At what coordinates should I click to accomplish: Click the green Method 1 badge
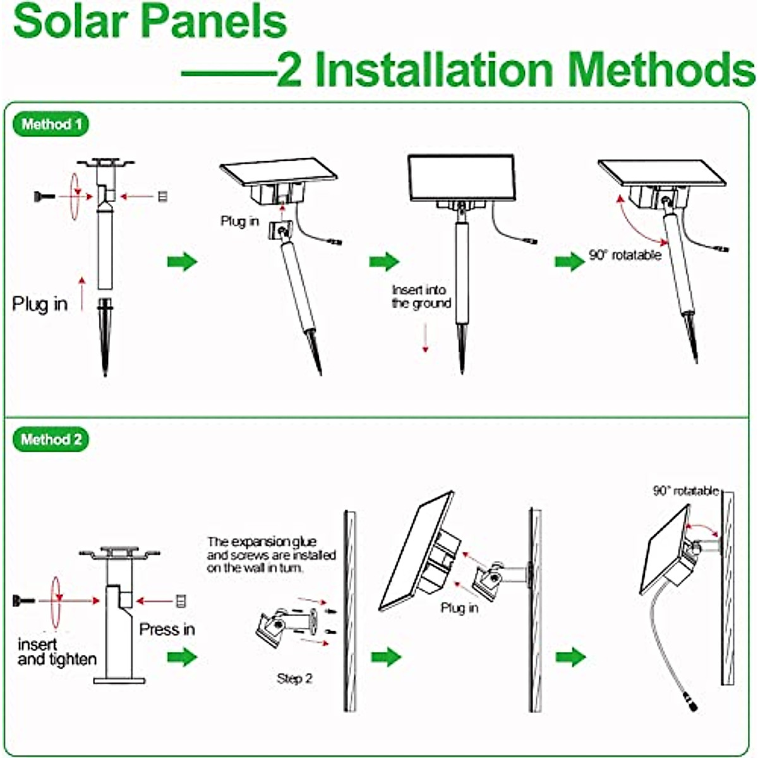coord(51,124)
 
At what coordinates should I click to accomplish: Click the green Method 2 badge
coord(51,440)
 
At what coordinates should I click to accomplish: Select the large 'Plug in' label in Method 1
coord(40,304)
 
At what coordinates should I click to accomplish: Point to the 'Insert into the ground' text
coord(421,296)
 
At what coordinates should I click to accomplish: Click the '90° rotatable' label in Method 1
coord(625,255)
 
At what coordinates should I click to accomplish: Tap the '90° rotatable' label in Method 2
coord(685,491)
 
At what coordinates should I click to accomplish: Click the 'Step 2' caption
coord(294,678)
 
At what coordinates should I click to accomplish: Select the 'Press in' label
coord(167,630)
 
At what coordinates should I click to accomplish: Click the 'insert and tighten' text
coord(57,652)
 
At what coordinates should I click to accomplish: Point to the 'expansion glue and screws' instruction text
coord(271,555)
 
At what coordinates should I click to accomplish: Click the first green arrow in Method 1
coord(183,262)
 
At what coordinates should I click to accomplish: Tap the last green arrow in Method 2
coord(570,657)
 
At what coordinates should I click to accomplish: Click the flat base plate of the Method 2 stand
coord(119,680)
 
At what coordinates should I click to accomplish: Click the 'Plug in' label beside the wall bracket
coord(459,608)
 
